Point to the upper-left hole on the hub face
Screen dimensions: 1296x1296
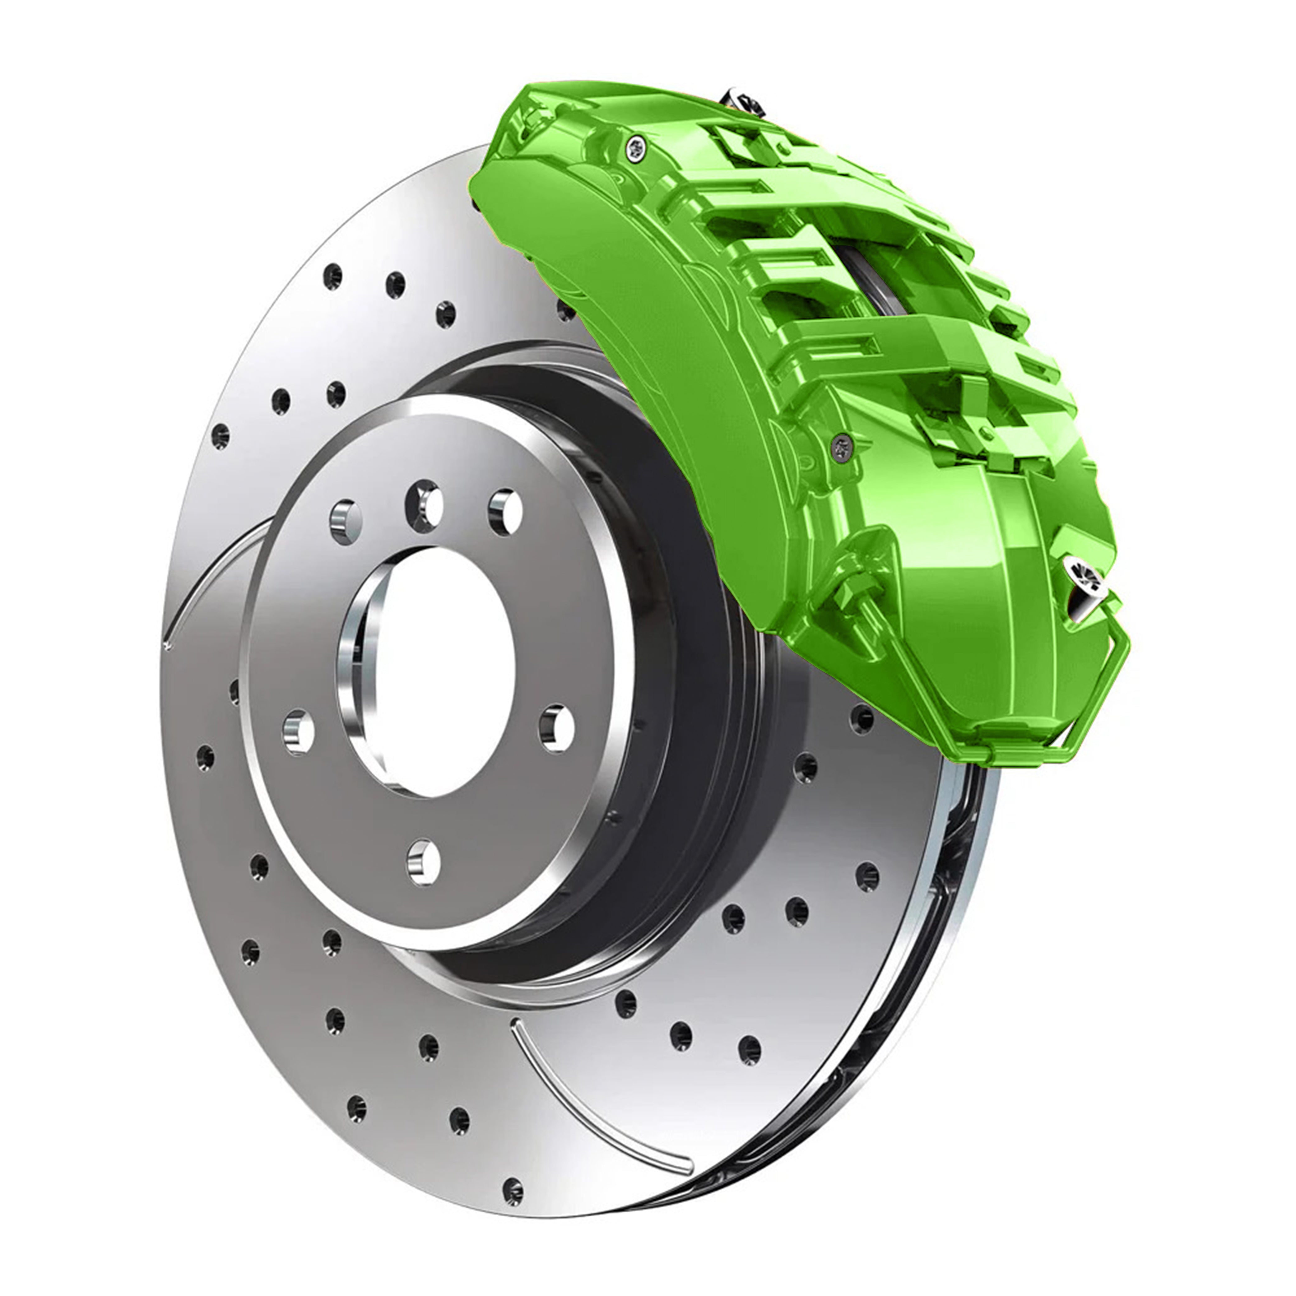(x=346, y=521)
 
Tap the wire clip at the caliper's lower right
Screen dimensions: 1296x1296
(x=1113, y=677)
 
